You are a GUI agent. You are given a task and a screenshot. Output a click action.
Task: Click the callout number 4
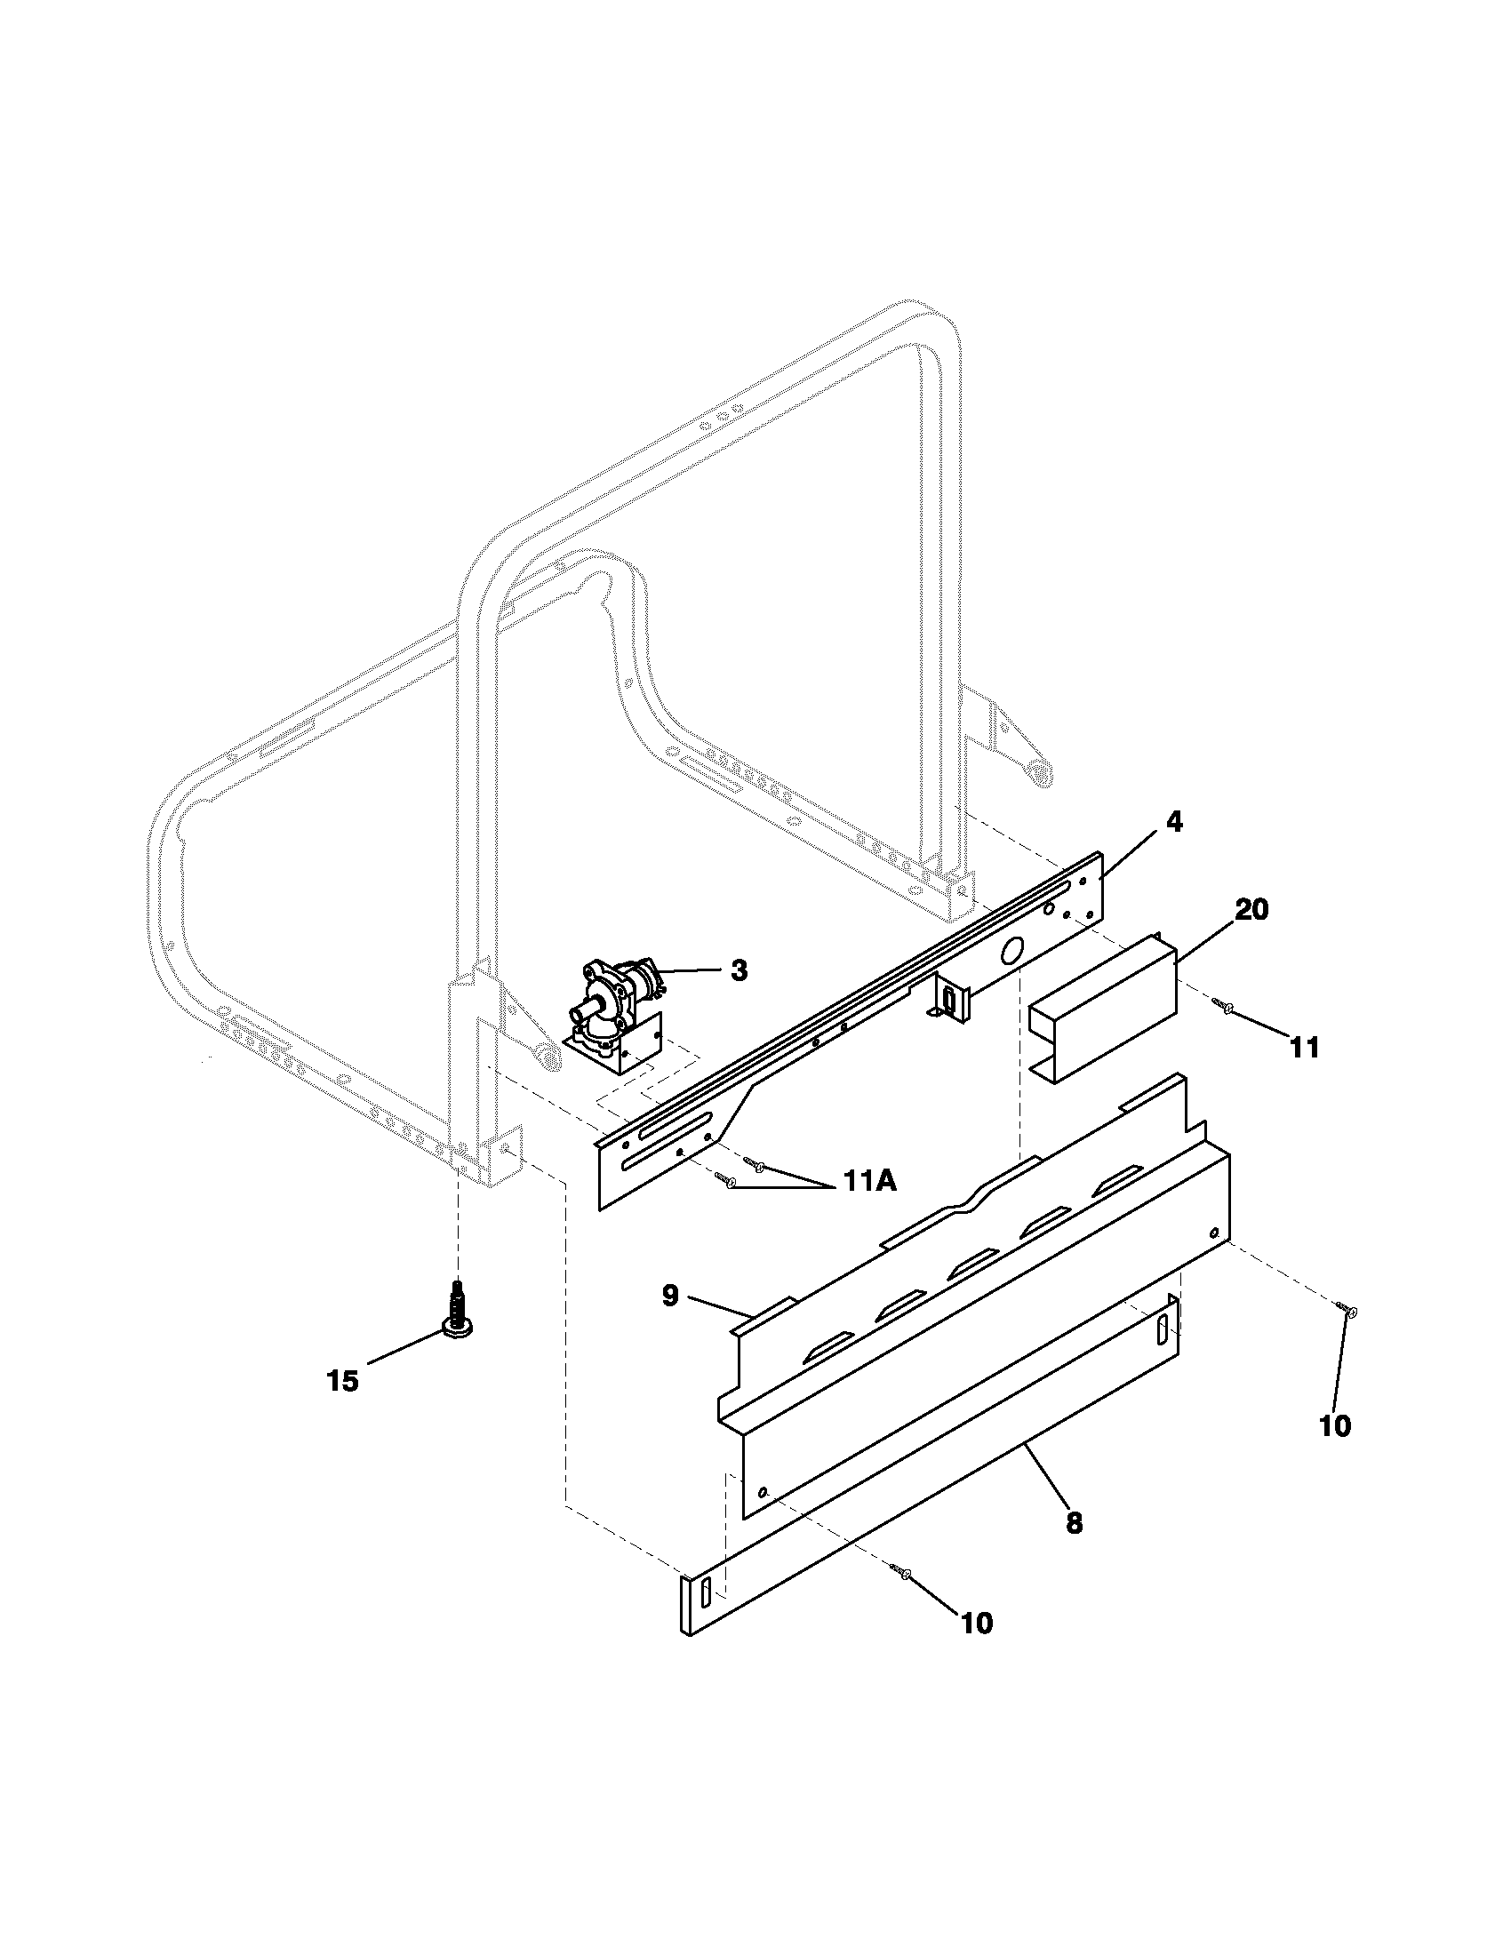[1174, 822]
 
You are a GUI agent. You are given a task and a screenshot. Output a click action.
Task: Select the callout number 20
[1251, 909]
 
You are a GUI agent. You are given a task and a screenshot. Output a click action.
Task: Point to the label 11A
[867, 1181]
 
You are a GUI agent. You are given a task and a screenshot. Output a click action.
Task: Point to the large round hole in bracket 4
[1013, 952]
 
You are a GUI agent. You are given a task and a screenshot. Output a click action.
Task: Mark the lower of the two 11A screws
[727, 1183]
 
